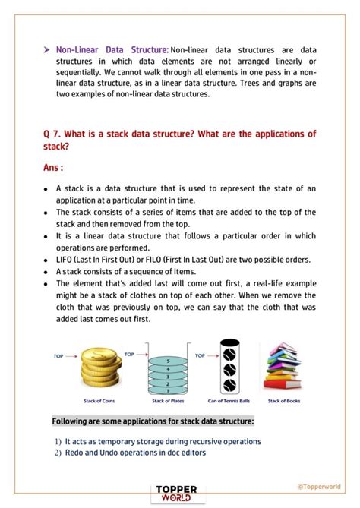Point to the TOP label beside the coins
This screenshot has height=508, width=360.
pyautogui.click(x=58, y=355)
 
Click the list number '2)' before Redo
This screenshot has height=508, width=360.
pyautogui.click(x=58, y=453)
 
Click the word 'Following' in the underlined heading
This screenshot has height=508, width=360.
pyautogui.click(x=72, y=421)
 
